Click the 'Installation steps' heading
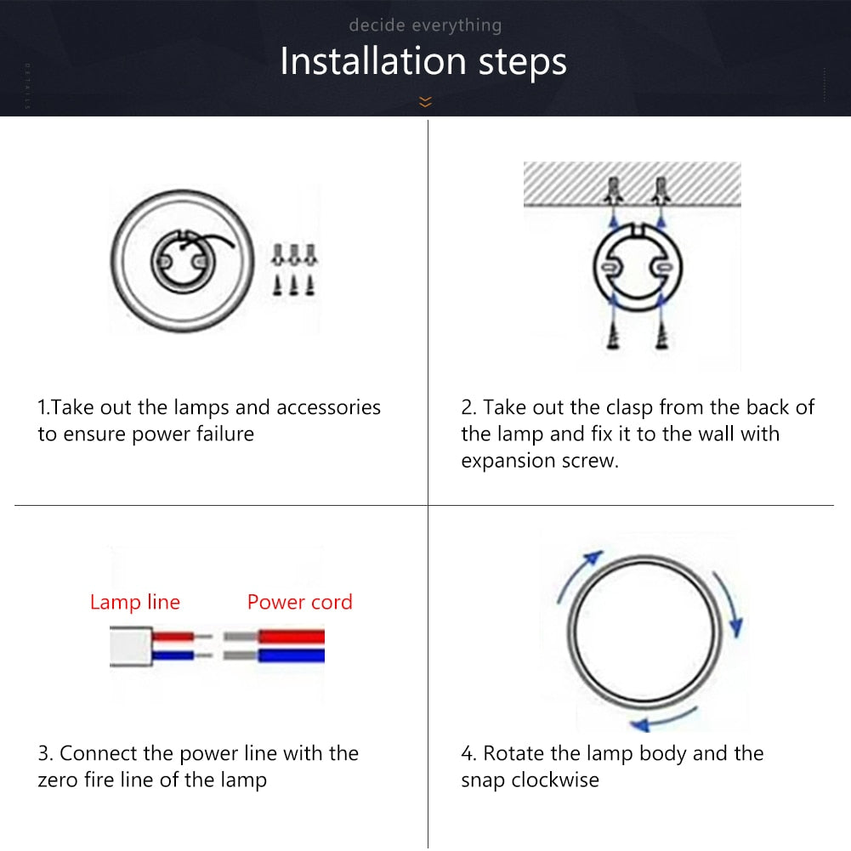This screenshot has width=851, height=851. tap(423, 62)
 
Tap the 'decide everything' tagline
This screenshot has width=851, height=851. tap(425, 26)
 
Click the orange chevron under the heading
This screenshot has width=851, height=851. tap(425, 102)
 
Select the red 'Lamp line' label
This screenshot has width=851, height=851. tap(135, 603)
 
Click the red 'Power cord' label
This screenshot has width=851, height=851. tap(299, 602)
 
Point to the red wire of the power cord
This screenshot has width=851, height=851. tap(291, 636)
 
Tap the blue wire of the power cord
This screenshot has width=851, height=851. tap(291, 655)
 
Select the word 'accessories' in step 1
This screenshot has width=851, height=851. tap(328, 407)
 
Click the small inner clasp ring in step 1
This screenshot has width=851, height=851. tap(179, 262)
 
